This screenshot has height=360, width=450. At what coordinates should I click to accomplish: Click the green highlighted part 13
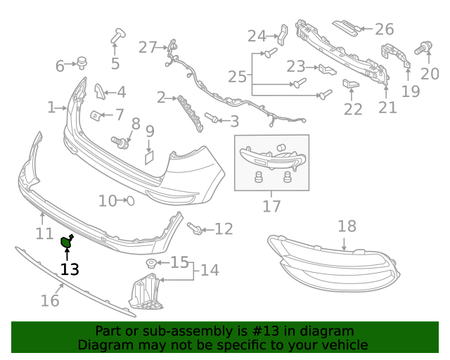67,243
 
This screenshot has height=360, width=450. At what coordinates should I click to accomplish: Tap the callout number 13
70,269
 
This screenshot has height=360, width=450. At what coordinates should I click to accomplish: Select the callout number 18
347,226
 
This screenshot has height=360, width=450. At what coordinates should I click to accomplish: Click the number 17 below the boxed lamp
271,206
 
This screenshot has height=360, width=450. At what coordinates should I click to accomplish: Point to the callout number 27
148,47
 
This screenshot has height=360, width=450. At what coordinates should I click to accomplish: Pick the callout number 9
150,131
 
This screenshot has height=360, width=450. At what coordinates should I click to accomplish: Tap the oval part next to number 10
129,201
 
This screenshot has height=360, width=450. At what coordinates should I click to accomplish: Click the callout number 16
49,301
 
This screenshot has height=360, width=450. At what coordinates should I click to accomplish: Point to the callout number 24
257,35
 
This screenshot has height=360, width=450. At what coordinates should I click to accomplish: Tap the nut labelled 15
150,264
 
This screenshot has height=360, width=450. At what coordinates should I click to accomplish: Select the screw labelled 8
122,143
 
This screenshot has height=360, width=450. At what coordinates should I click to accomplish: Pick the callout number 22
353,109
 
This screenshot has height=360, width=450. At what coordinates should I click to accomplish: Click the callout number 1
51,108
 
